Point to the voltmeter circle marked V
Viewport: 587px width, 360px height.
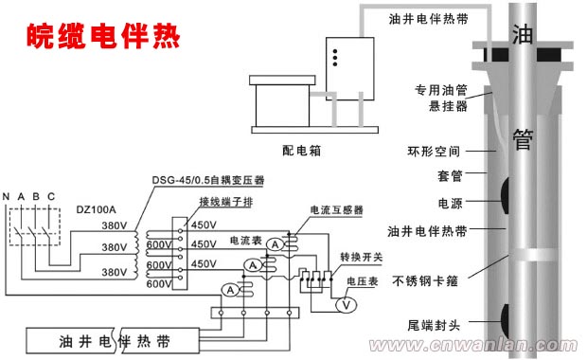coord(347,304)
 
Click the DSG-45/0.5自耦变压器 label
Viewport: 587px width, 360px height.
coord(208,179)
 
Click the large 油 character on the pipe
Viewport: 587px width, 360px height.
coord(522,37)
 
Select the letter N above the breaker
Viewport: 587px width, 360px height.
coord(7,197)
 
